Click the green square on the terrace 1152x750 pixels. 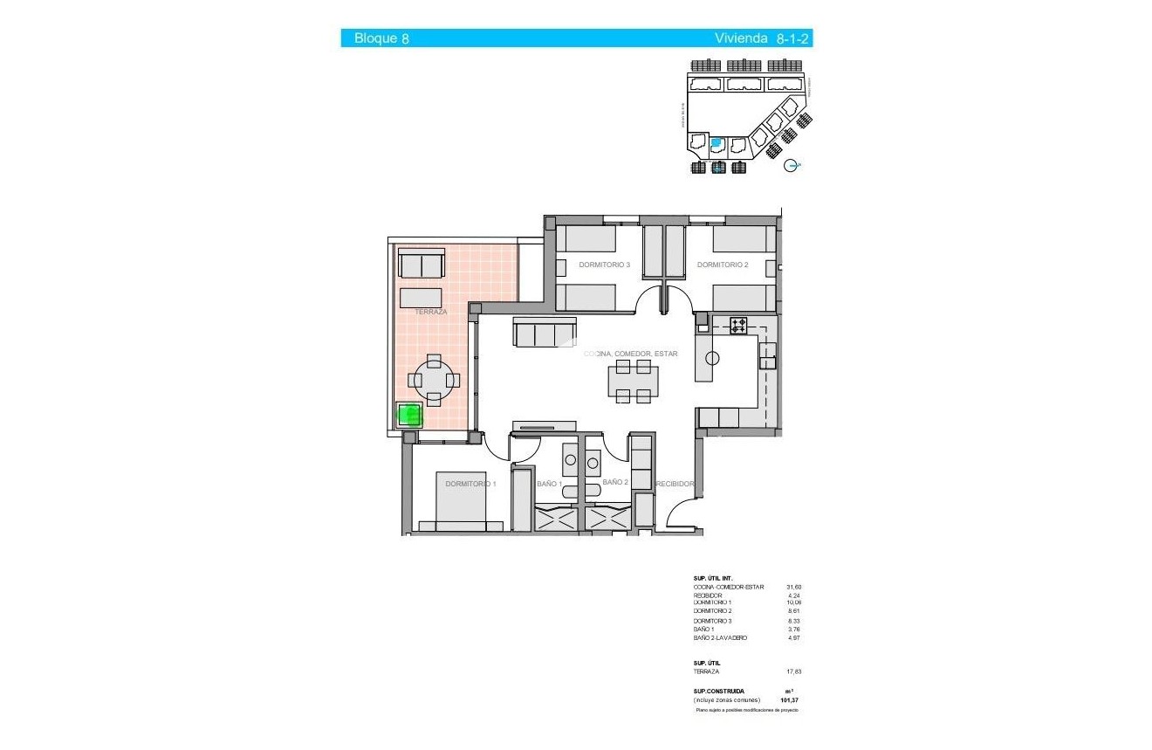click(409, 414)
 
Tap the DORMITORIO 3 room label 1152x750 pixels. click(604, 265)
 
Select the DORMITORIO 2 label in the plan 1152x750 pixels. click(723, 265)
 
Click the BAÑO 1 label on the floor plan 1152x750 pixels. click(548, 483)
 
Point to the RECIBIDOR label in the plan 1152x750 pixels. click(675, 484)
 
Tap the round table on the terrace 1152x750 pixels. click(434, 380)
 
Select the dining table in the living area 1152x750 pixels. click(634, 382)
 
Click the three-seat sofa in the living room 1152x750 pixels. click(545, 333)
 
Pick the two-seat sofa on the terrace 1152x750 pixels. click(422, 263)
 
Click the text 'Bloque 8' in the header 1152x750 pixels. click(381, 38)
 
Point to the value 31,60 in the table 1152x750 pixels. click(792, 587)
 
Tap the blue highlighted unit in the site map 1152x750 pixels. click(717, 142)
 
